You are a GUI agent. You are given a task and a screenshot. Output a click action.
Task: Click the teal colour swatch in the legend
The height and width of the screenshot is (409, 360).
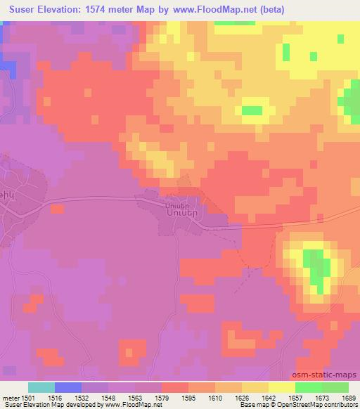[41, 387]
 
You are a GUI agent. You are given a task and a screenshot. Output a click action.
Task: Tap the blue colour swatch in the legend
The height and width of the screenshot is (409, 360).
[68, 387]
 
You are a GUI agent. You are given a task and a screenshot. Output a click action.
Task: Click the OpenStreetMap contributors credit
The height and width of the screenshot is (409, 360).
[318, 405]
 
